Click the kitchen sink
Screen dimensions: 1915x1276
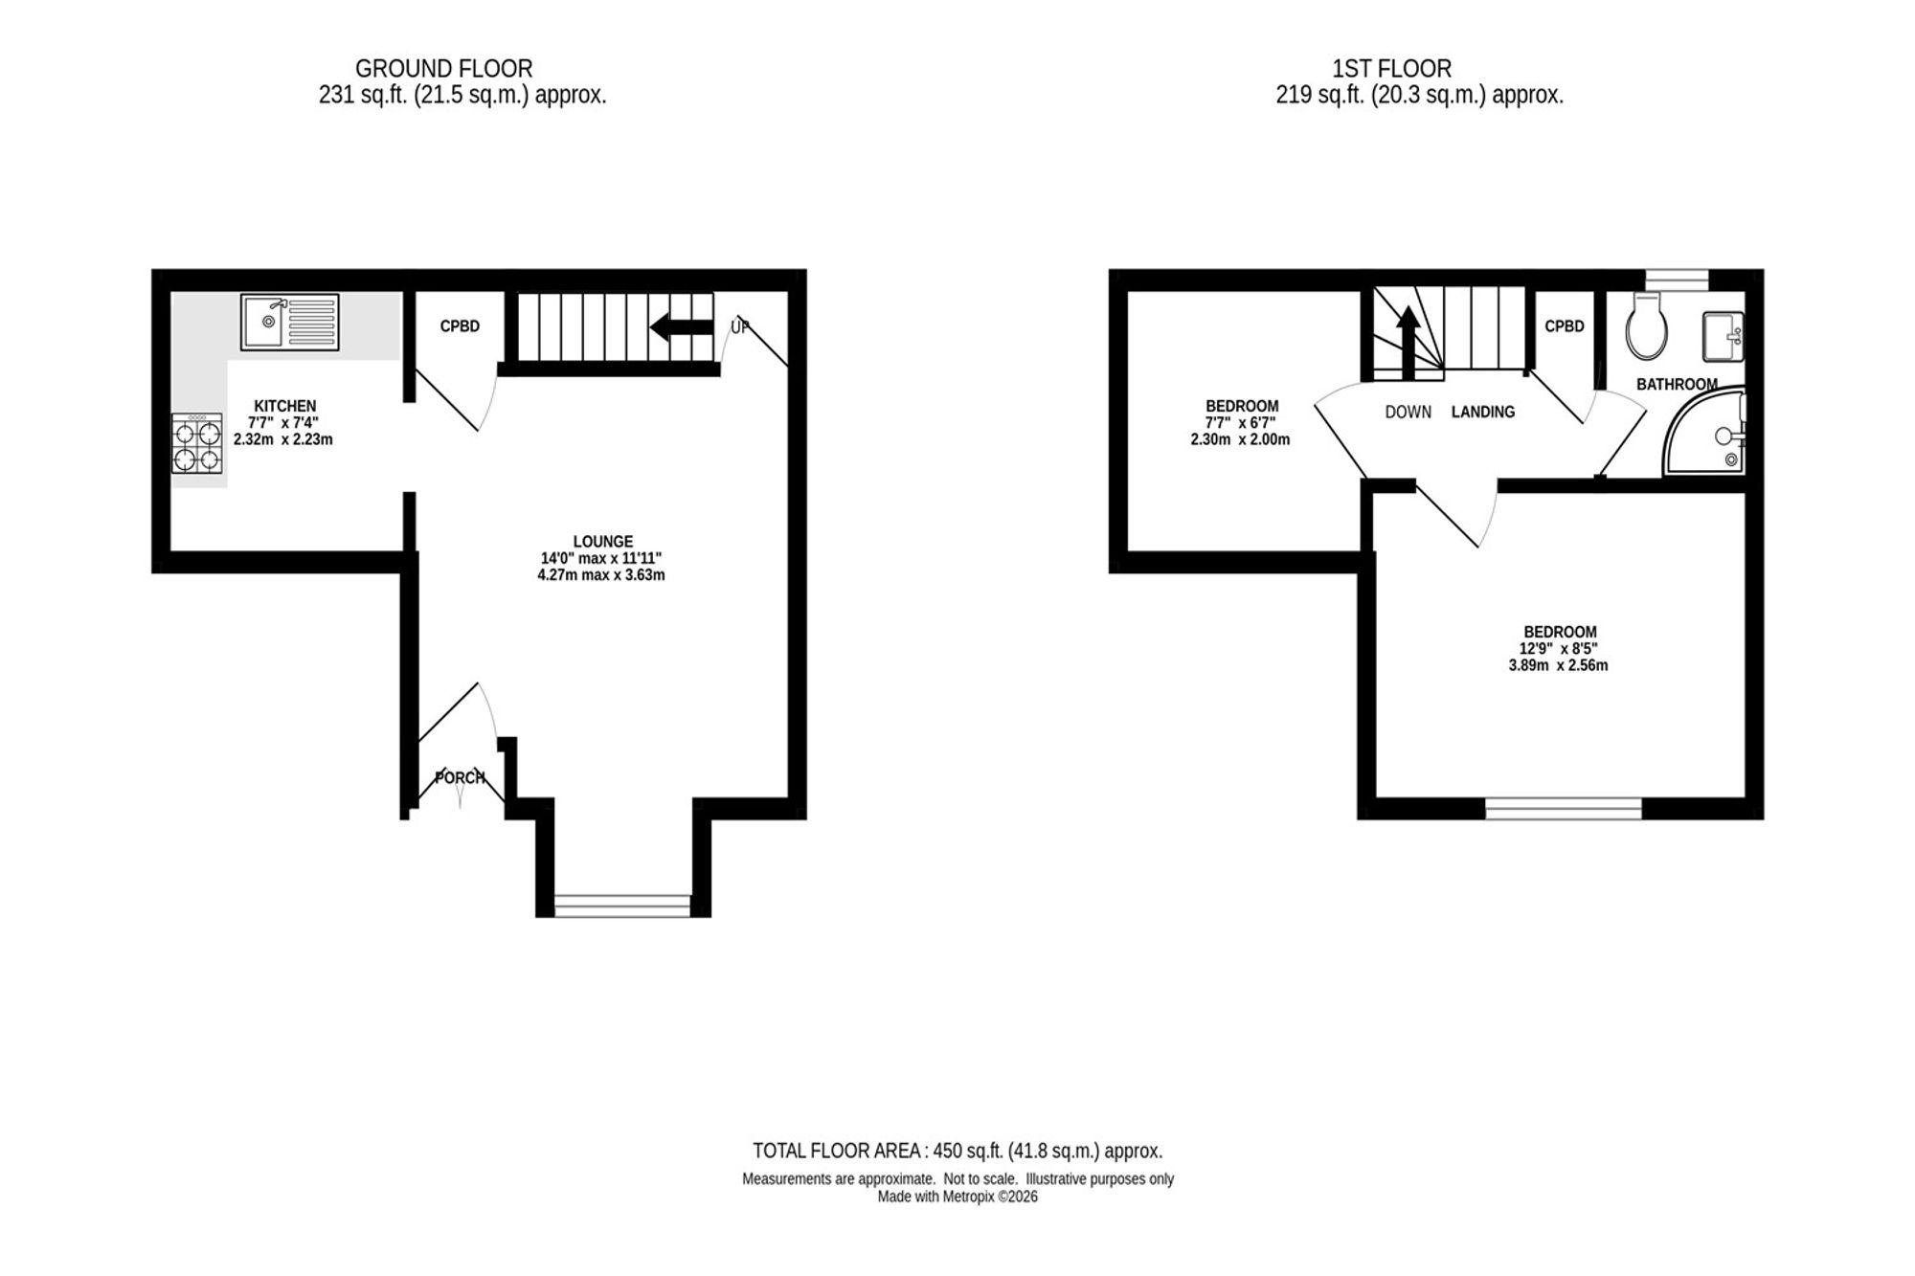coord(289,322)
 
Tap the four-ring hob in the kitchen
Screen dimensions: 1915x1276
coord(197,442)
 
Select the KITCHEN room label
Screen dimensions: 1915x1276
coord(284,406)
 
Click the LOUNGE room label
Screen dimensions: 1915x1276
coord(603,541)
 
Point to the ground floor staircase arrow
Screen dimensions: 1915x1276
coord(682,327)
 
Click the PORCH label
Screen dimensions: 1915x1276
coord(461,777)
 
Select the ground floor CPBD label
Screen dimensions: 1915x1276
coord(460,326)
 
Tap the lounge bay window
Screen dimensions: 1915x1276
coord(622,905)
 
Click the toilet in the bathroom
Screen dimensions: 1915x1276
coord(1647,325)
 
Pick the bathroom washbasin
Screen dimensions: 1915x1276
coord(1723,336)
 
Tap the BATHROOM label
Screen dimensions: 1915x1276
coord(1677,384)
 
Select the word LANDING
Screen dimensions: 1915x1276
coord(1483,412)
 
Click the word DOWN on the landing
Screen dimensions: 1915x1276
coord(1408,412)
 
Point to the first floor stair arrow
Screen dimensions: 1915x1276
coord(1408,343)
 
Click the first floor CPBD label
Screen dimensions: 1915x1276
coord(1565,326)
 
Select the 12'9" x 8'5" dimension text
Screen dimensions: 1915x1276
coord(1559,648)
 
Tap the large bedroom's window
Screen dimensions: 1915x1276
coord(1564,809)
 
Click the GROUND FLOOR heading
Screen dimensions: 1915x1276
coord(443,69)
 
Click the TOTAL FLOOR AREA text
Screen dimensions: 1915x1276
coord(957,1151)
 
